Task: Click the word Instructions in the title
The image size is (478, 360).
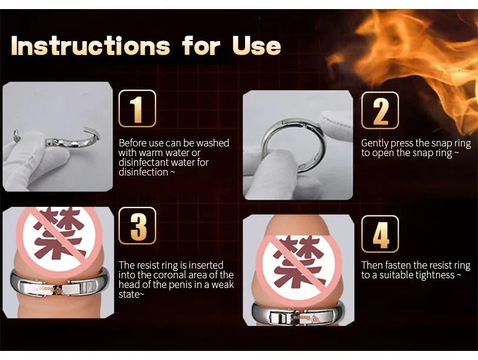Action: (x=90, y=46)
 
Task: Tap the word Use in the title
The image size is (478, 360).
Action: (x=256, y=46)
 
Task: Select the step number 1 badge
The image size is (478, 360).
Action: (x=137, y=108)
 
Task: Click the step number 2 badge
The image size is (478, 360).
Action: (x=380, y=110)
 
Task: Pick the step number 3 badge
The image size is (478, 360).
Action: (x=137, y=226)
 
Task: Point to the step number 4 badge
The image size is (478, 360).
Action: (x=380, y=234)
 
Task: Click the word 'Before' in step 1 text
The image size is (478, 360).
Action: (x=133, y=143)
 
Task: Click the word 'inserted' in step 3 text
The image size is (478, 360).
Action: (x=207, y=265)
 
